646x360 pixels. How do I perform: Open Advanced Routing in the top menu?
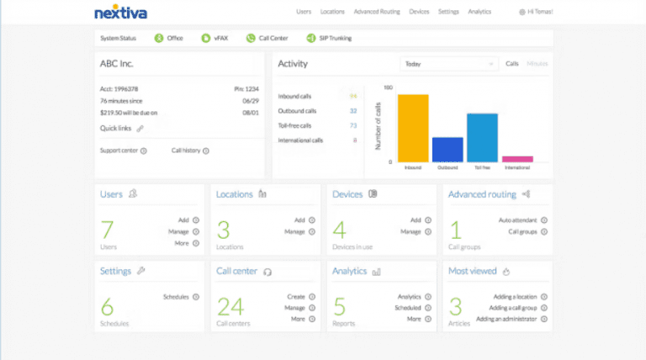(378, 13)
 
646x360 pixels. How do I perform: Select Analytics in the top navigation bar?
(479, 13)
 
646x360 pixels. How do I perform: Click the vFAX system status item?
(218, 38)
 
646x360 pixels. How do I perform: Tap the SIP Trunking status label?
(334, 38)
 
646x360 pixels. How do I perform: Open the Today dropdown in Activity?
(449, 64)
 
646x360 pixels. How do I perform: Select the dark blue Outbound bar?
(447, 150)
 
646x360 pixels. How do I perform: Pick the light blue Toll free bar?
(482, 137)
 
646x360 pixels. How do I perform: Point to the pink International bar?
(517, 159)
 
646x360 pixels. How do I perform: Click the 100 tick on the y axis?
(388, 87)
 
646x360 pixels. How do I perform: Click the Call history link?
(186, 151)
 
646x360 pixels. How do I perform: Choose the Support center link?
(119, 151)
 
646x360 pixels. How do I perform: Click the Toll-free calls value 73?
(353, 125)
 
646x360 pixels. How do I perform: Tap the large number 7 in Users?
(107, 230)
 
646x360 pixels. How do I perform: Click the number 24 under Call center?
(230, 306)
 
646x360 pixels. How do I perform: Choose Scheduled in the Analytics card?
(407, 308)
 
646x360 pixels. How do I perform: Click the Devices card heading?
(347, 194)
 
